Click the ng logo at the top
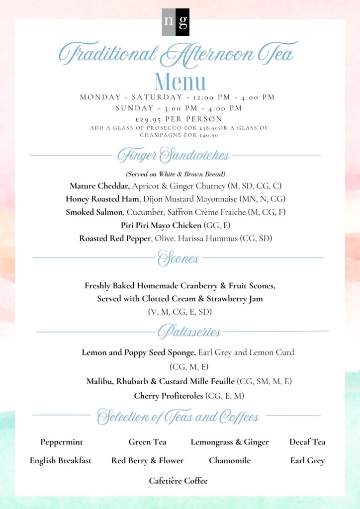coord(176,22)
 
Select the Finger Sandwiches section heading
coord(173,156)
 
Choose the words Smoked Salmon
coord(94,212)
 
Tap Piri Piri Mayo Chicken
coord(161,225)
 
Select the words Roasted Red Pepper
coord(114,239)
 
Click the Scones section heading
coord(178,258)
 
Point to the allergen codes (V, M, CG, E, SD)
coord(180,312)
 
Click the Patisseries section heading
coord(189,332)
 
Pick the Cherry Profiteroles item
coord(169,396)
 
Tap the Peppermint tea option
coord(62,442)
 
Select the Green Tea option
coord(147,442)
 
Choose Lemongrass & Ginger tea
coord(230,442)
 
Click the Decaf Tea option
coord(307,442)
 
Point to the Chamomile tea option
coord(230,461)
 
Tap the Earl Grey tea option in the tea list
coord(307,461)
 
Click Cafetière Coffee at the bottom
coord(178,481)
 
